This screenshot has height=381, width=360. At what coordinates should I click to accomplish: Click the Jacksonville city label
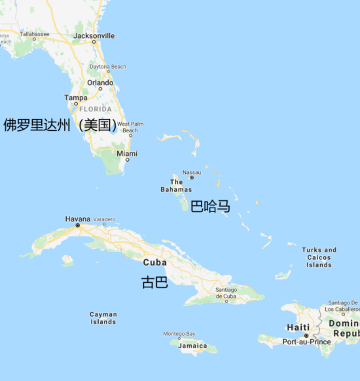click(x=94, y=35)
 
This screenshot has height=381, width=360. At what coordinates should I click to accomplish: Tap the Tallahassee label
click(x=34, y=33)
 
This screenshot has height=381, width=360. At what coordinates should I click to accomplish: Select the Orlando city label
click(x=100, y=82)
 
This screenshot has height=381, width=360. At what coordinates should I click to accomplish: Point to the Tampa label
click(x=75, y=98)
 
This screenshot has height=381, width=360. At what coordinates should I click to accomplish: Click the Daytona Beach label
click(x=108, y=67)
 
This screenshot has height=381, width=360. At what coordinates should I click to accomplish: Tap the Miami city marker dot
click(x=127, y=160)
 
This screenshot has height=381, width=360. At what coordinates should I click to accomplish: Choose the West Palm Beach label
click(x=130, y=127)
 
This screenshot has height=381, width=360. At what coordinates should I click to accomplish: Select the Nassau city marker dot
click(x=192, y=177)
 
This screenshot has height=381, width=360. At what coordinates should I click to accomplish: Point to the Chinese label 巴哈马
click(x=210, y=207)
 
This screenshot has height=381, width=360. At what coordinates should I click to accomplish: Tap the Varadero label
click(x=104, y=219)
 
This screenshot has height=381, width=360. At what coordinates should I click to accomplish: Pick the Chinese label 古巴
click(x=155, y=283)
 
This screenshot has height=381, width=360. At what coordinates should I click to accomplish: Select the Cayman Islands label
click(x=103, y=318)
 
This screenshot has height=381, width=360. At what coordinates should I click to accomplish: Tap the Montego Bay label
click(x=179, y=334)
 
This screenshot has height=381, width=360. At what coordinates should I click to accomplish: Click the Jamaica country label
click(x=192, y=346)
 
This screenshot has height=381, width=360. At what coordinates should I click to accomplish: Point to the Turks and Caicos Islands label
click(x=319, y=257)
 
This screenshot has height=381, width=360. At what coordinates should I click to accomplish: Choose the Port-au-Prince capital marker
click(x=306, y=336)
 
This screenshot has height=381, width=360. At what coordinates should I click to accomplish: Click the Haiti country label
click(x=298, y=327)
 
